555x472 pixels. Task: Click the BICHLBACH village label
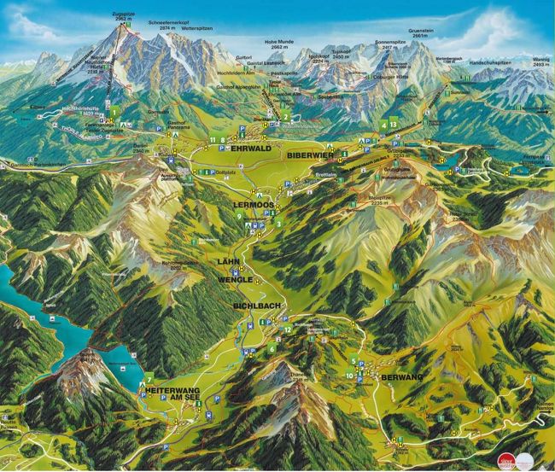[251, 305]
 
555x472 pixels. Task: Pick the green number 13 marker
[394, 125]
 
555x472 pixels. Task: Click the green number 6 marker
[272, 348]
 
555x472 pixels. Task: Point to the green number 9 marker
[240, 217]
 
